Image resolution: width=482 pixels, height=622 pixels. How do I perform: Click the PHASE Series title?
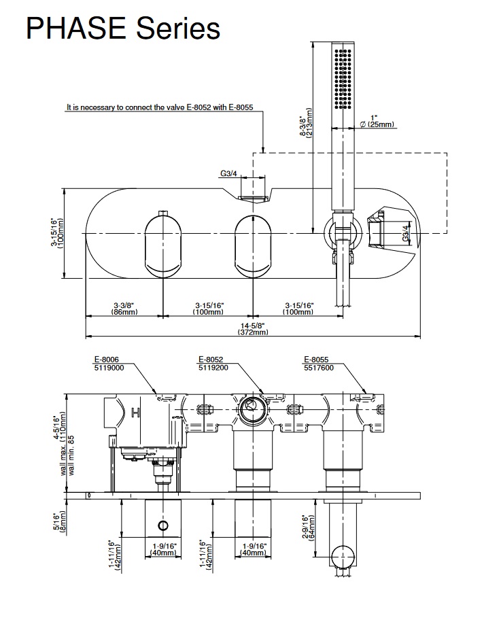tap(122, 29)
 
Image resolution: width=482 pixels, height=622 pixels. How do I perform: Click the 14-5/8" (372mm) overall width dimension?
tap(253, 328)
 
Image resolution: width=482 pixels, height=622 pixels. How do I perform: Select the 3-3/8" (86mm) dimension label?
tap(124, 308)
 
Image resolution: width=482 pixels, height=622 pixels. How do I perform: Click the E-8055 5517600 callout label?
tap(317, 363)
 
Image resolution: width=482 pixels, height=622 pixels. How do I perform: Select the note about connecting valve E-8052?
tap(160, 107)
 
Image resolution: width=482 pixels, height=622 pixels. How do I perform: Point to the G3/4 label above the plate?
tap(228, 174)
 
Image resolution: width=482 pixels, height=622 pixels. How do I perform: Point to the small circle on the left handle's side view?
tap(163, 525)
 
